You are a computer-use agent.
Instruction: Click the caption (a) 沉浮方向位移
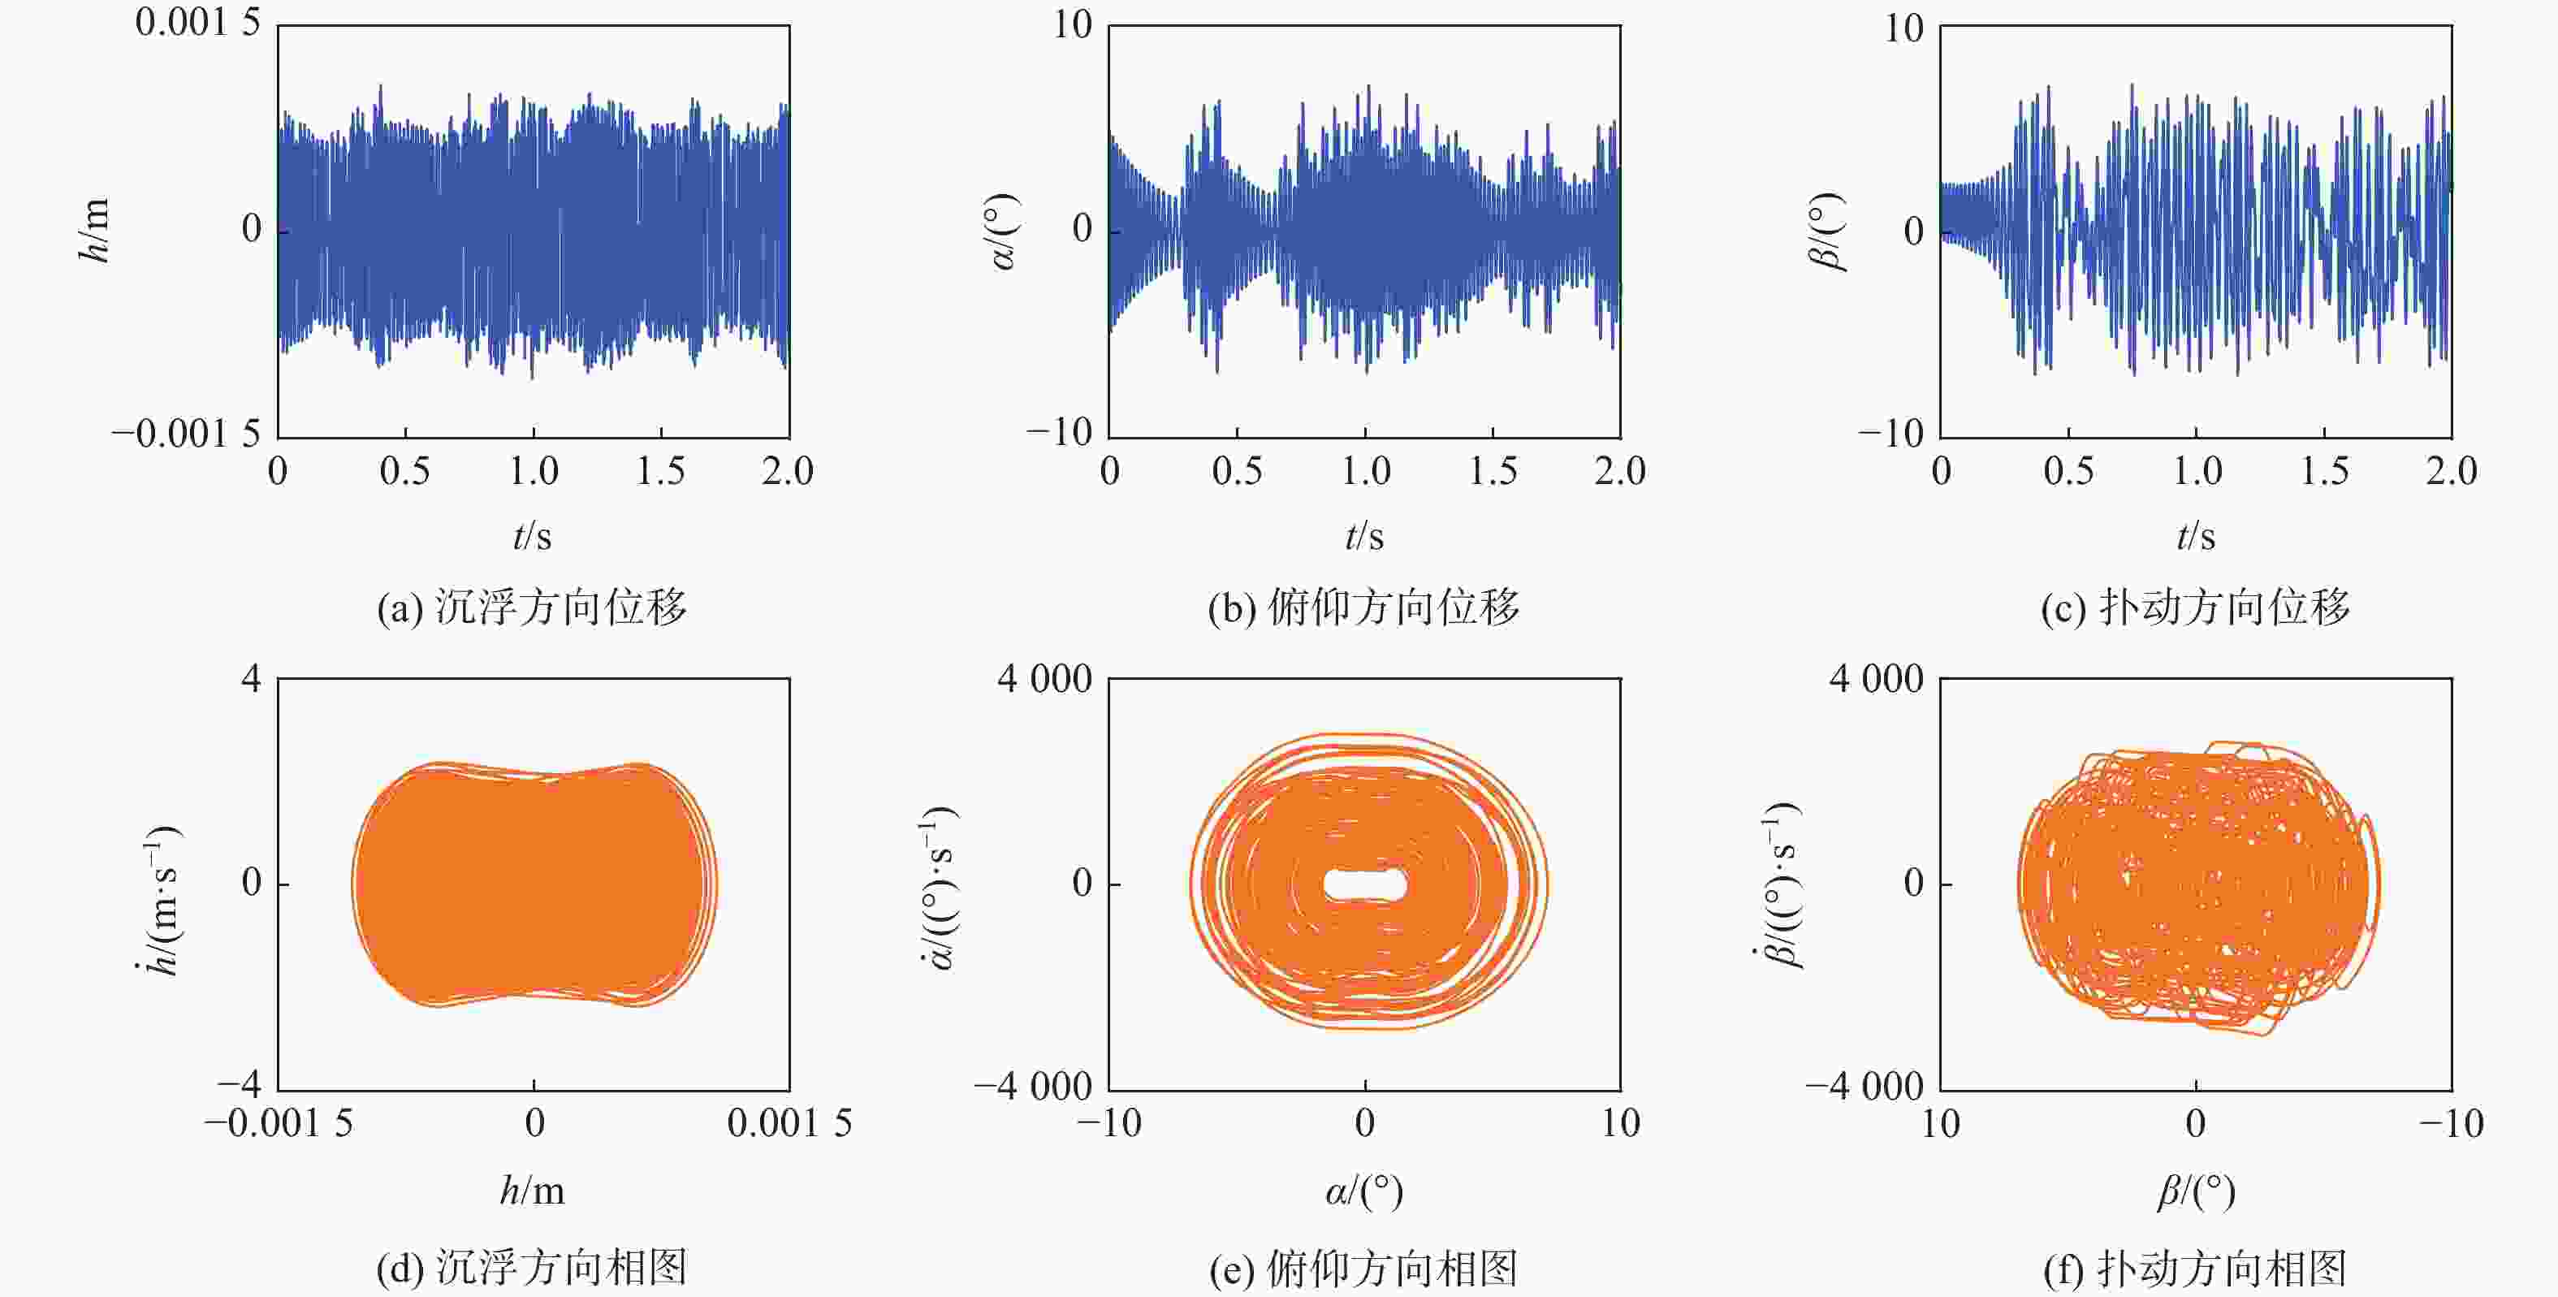tap(531, 607)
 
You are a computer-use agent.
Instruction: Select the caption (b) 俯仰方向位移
tap(1363, 607)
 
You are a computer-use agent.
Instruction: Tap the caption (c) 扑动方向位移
tap(2196, 607)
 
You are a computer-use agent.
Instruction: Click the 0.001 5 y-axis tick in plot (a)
tap(197, 23)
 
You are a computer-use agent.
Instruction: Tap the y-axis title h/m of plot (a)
tap(94, 231)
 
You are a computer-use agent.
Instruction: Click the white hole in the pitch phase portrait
tap(1365, 884)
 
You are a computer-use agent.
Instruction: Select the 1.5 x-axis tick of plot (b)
tap(1493, 471)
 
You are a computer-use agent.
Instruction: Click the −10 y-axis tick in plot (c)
tap(1890, 433)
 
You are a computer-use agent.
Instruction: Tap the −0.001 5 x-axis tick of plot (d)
tap(279, 1123)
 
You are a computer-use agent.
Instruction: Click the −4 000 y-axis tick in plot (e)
tap(1033, 1087)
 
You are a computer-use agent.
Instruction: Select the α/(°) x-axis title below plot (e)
tap(1364, 1191)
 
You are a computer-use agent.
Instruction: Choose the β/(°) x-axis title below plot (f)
tap(2196, 1191)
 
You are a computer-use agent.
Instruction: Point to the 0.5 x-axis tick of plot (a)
tap(405, 471)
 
